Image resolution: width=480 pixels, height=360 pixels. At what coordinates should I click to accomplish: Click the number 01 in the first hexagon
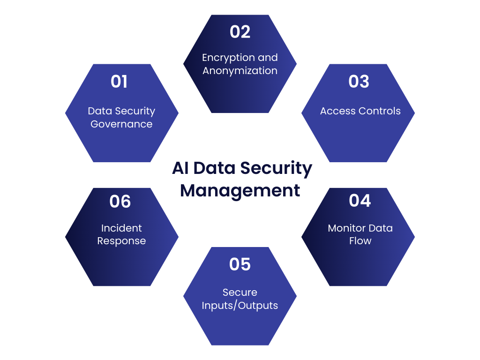(x=119, y=82)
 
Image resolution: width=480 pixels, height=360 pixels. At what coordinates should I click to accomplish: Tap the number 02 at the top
(x=240, y=32)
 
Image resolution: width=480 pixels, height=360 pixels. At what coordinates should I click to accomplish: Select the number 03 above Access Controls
(x=359, y=82)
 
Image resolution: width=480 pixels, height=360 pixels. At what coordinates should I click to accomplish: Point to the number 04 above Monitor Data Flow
(x=360, y=201)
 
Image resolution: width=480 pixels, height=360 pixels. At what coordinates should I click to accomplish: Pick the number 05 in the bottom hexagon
(x=240, y=264)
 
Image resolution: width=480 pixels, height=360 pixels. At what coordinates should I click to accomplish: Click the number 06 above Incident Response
(x=120, y=202)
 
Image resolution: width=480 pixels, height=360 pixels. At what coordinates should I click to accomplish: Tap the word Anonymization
(x=240, y=71)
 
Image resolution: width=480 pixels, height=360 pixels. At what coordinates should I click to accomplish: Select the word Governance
(x=121, y=124)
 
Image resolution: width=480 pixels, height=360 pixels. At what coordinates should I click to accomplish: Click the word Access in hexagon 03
(x=338, y=111)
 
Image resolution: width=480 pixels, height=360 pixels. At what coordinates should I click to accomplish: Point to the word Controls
(x=380, y=111)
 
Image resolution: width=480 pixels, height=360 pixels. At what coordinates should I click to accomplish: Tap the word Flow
(x=360, y=241)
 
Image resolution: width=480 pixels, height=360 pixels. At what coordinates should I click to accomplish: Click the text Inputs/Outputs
(x=240, y=306)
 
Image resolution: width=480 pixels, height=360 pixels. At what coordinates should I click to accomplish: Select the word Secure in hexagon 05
(x=240, y=292)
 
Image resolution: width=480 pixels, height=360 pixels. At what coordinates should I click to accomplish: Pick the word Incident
(x=121, y=228)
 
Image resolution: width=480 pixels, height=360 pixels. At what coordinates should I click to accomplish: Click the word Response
(x=121, y=241)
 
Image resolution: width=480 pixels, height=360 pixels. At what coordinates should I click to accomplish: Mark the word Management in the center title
(x=240, y=191)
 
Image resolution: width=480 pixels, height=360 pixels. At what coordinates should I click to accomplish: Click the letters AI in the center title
(x=180, y=168)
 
